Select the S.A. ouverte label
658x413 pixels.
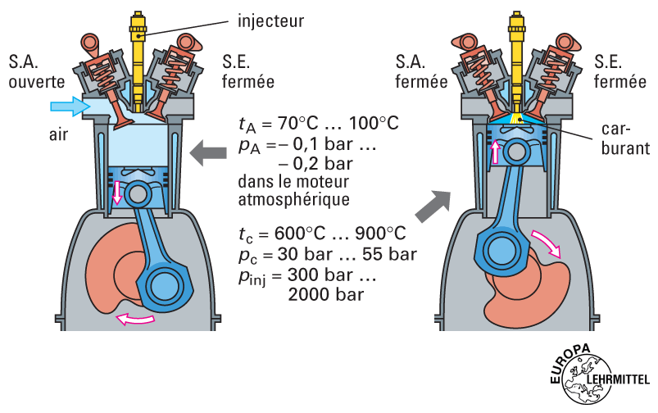tap(30, 71)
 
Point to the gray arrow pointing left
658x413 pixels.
tap(206, 152)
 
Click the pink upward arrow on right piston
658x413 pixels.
tap(493, 151)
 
